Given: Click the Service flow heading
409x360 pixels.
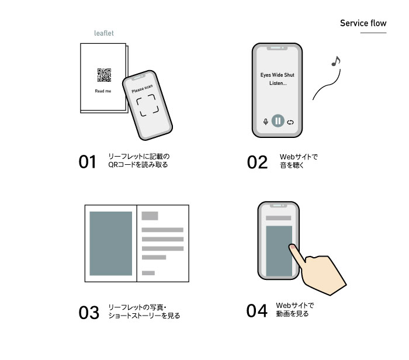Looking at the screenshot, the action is (x=363, y=23).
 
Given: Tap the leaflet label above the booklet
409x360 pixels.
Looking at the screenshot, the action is (x=104, y=33).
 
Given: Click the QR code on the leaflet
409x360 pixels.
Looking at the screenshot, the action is (x=104, y=75).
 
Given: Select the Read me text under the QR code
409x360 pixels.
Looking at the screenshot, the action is (x=103, y=91).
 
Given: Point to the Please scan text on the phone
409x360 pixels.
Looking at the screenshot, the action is (x=142, y=89).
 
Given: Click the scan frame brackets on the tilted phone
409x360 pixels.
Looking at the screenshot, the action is (x=147, y=105).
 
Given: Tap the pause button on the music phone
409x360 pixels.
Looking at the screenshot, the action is (x=278, y=121).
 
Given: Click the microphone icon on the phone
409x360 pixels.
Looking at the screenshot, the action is (x=265, y=122).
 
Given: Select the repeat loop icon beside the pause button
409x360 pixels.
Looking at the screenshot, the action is (x=290, y=122).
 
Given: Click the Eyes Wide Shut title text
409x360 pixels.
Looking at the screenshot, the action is (x=278, y=75).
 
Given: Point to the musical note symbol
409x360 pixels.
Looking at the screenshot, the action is (x=336, y=61).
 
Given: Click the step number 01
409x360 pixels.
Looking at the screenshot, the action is (x=88, y=162).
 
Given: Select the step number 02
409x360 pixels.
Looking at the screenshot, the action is (x=257, y=162).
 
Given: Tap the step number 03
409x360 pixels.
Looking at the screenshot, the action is (x=89, y=313).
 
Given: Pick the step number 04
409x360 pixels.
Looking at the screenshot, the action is (x=257, y=311).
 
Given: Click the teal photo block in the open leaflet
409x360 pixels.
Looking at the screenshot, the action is (x=111, y=243).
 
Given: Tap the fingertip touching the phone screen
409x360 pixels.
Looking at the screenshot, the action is (x=293, y=247).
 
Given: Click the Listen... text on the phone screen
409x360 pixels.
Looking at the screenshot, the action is (x=278, y=83).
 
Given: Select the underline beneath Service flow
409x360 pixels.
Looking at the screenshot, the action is (x=373, y=33).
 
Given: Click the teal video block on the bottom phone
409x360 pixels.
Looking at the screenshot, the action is (x=279, y=251).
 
